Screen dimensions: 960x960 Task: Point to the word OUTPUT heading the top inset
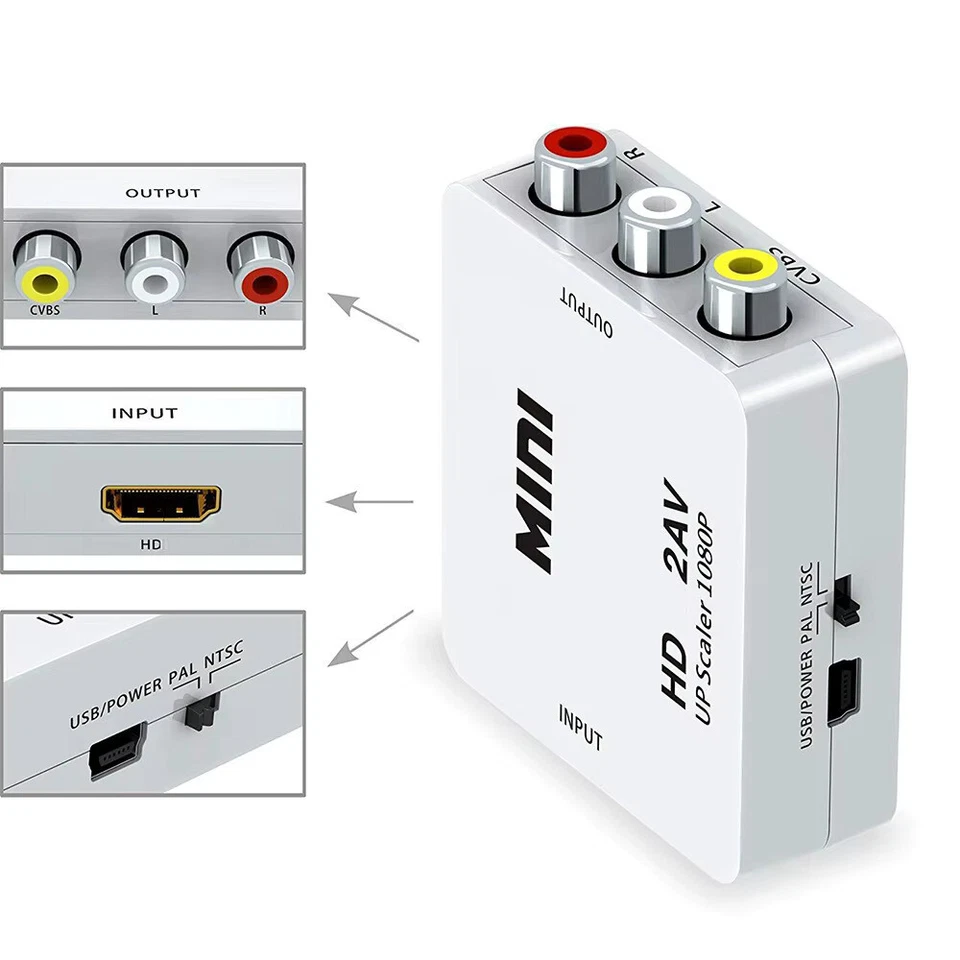coord(162,193)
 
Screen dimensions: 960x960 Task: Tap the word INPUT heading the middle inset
coord(145,412)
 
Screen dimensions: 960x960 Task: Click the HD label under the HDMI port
coord(152,546)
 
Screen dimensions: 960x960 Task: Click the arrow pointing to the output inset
coord(375,319)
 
